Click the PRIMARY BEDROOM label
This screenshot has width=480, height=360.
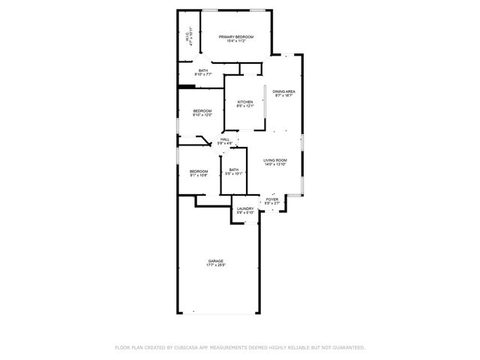click(x=235, y=37)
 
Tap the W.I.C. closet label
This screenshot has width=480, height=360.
click(x=187, y=36)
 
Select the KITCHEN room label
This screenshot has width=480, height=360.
click(x=245, y=102)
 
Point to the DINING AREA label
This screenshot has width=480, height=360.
click(x=283, y=91)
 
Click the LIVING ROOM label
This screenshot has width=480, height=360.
click(x=274, y=160)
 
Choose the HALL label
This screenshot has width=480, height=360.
click(x=224, y=139)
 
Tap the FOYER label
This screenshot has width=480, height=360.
click(x=271, y=199)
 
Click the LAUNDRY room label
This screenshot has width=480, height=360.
click(x=245, y=208)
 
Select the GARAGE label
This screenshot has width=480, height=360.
click(x=216, y=261)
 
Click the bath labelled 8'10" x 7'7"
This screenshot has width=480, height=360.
click(x=203, y=70)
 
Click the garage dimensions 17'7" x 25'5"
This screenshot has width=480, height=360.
click(x=216, y=265)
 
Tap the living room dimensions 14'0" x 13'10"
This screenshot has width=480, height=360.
click(x=274, y=165)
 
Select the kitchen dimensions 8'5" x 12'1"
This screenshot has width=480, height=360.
click(x=245, y=106)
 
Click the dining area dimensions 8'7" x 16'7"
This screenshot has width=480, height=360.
click(x=283, y=96)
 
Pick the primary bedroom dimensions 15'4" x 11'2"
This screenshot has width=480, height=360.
click(x=235, y=41)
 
